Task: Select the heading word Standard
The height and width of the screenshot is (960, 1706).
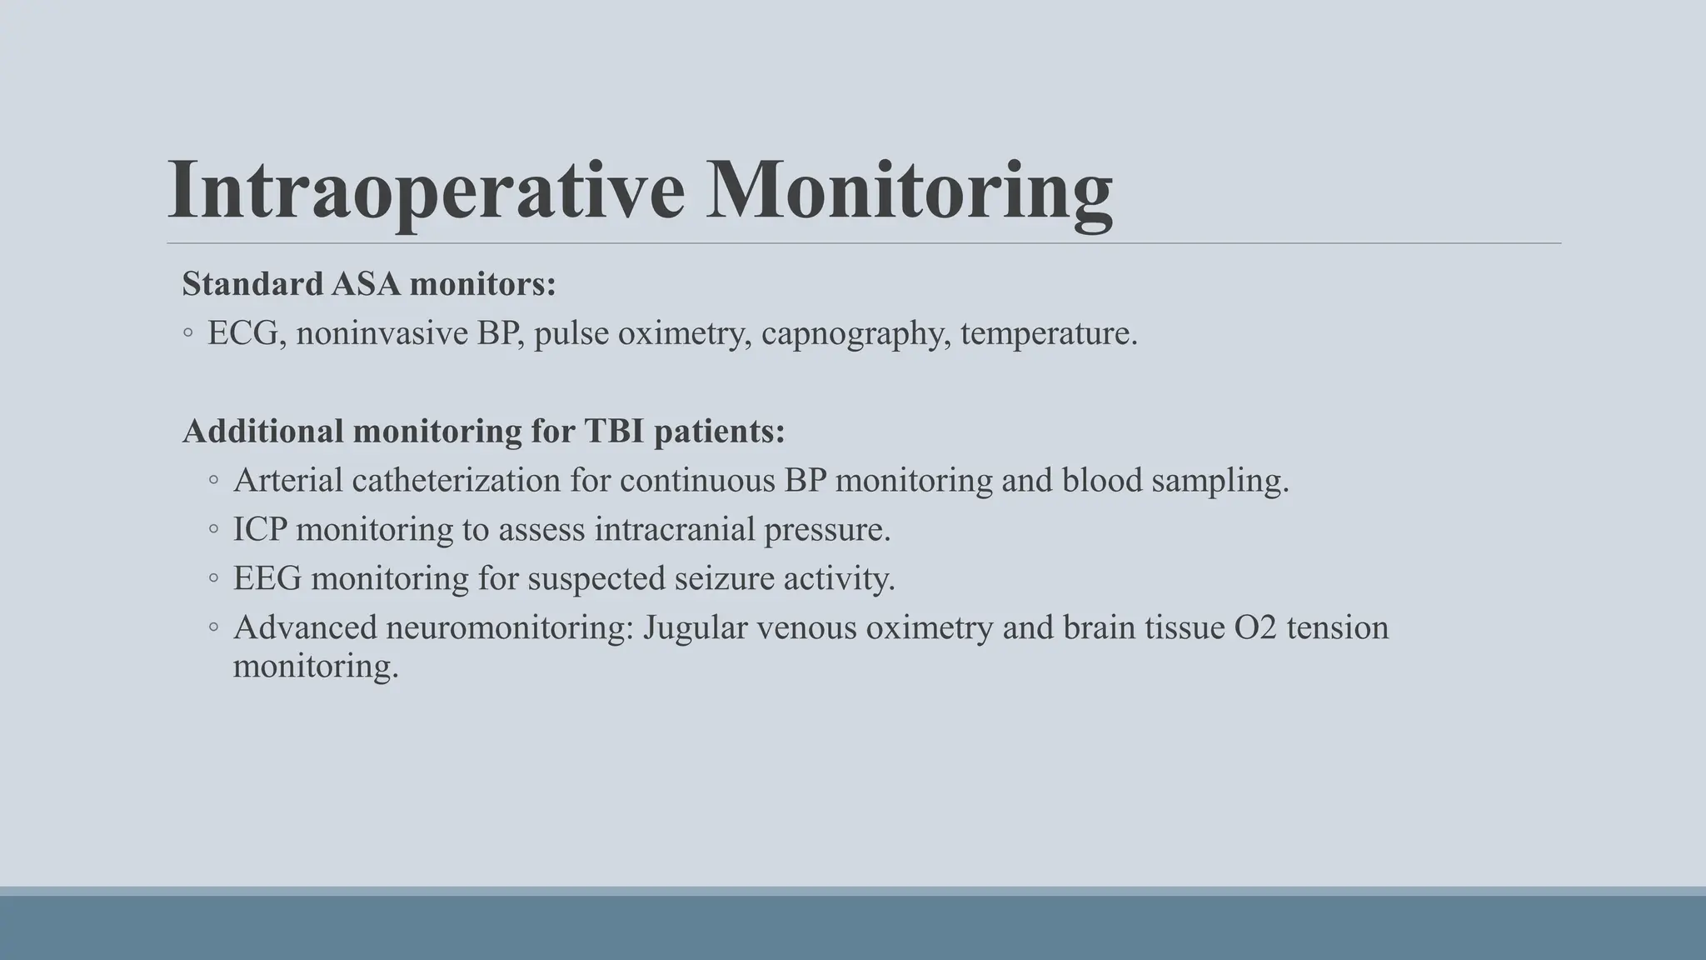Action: (252, 284)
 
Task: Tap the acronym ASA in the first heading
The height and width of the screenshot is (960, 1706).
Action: (366, 284)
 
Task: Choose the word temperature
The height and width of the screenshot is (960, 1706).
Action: (1048, 333)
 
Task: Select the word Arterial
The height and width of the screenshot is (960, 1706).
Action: (288, 480)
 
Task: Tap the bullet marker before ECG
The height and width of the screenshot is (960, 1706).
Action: (188, 333)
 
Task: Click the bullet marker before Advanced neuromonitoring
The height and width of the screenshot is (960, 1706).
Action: (214, 627)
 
